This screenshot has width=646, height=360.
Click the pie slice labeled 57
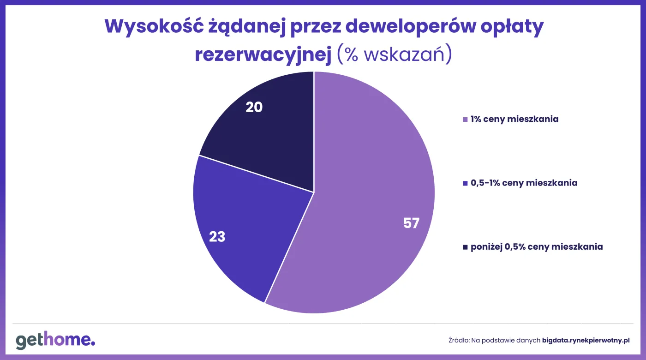point(369,194)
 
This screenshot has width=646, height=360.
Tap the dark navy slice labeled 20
point(268,134)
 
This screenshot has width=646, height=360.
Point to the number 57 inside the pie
point(411,223)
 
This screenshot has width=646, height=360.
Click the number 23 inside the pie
point(217,237)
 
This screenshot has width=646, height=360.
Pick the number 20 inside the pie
point(254,107)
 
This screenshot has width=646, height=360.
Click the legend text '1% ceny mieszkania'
point(514,119)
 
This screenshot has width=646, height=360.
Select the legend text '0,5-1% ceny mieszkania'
point(524,183)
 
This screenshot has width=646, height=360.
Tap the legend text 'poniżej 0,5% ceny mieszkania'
point(537,246)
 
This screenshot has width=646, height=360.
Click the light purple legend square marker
point(465,120)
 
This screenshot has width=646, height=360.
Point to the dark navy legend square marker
point(465,247)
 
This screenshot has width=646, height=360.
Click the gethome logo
point(55,341)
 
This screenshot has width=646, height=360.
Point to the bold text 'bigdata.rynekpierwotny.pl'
point(586,341)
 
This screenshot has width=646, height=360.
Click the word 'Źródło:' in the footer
point(459,341)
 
